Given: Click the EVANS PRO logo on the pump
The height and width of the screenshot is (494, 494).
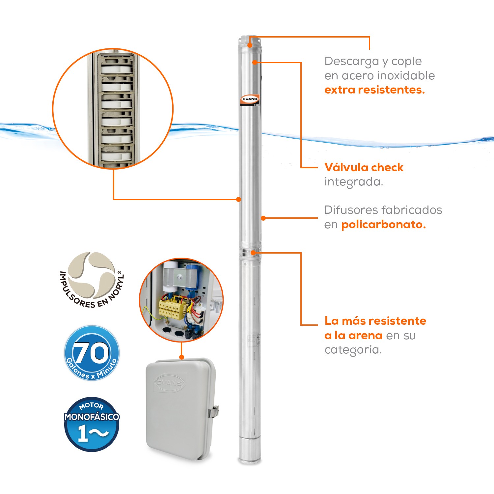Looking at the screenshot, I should (250, 100).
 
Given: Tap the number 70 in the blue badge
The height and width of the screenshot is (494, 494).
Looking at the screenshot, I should (91, 353).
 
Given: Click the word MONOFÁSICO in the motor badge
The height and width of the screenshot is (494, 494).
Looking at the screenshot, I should (92, 417).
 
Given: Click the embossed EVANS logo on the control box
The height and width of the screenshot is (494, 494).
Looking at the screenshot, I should (169, 382).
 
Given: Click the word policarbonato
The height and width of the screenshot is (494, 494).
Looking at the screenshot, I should (383, 225).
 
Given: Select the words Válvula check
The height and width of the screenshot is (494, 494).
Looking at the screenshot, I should (364, 167).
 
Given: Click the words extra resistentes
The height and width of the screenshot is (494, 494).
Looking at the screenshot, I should (374, 90).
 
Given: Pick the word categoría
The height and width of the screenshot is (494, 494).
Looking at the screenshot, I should (353, 350).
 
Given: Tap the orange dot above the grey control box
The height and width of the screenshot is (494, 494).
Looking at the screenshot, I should (181, 357).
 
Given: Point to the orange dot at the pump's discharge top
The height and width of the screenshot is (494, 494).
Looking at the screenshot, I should (250, 45).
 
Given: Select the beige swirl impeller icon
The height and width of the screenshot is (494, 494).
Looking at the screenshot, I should (92, 275).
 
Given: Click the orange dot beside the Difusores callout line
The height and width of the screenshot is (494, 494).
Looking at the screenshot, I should (263, 218).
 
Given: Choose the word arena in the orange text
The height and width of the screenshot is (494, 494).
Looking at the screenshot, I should (365, 335).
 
